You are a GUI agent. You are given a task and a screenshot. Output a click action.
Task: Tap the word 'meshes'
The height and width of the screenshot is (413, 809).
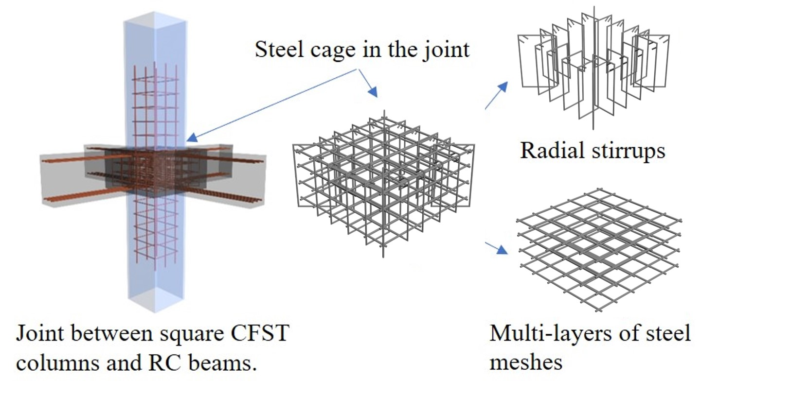pos(525,362)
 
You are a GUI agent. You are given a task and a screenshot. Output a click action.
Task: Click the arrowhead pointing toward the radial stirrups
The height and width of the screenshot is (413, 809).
pos(503,87)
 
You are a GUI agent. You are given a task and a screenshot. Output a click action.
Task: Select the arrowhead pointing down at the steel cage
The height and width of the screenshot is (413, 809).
pos(373,92)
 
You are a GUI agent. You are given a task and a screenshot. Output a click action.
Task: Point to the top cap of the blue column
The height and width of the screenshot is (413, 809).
pos(155,21)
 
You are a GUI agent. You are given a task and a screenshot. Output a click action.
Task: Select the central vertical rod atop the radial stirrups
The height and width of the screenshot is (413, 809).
pos(593,19)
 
